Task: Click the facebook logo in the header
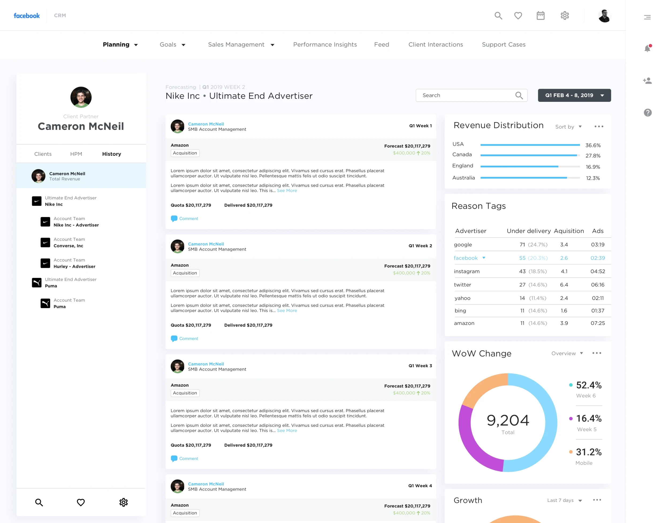click(x=27, y=16)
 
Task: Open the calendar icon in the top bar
click(x=540, y=16)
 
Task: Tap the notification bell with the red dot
click(x=647, y=48)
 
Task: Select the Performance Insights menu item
click(x=325, y=45)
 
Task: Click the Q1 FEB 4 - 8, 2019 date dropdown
click(x=574, y=95)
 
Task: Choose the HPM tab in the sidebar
click(x=76, y=154)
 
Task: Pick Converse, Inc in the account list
click(x=68, y=246)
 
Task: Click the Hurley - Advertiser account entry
click(x=74, y=267)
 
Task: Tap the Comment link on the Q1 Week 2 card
click(x=189, y=339)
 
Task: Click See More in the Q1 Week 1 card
click(x=287, y=191)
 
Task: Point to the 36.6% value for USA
click(x=593, y=145)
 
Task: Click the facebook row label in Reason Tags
click(x=465, y=258)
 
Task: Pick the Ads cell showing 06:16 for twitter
click(x=598, y=285)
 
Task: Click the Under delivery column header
click(x=529, y=231)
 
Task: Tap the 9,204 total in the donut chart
click(x=508, y=420)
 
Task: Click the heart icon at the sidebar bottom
click(x=81, y=502)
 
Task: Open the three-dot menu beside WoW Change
click(x=597, y=353)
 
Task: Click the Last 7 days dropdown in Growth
click(x=564, y=500)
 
